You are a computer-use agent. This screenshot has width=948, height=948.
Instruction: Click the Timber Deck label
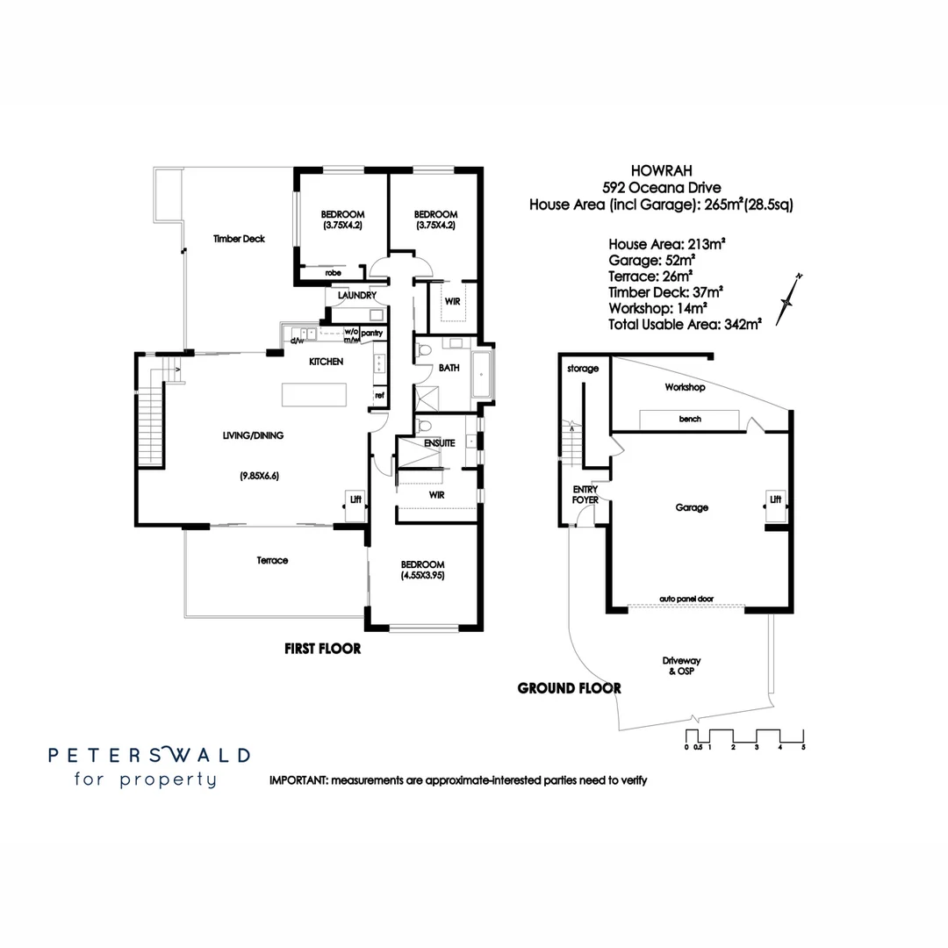tap(240, 239)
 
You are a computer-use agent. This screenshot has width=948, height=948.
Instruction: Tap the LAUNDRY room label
tap(356, 296)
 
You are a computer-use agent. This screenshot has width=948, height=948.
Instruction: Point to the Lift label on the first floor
tap(355, 499)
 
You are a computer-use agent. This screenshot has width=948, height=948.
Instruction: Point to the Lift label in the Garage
tap(775, 499)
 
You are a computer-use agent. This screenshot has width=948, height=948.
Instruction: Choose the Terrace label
tap(272, 560)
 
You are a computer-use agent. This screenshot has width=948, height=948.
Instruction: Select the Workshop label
tap(685, 387)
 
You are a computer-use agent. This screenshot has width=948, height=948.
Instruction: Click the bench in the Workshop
tap(690, 420)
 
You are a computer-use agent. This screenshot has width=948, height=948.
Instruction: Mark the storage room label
tap(583, 369)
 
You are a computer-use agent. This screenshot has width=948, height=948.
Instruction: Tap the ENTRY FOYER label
tap(585, 494)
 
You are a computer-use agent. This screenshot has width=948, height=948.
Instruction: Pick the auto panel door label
tap(686, 599)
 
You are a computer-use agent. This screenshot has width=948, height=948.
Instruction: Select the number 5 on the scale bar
tap(803, 747)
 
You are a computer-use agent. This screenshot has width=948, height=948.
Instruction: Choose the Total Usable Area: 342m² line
tap(685, 324)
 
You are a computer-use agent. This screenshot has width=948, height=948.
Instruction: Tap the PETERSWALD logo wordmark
tap(148, 755)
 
